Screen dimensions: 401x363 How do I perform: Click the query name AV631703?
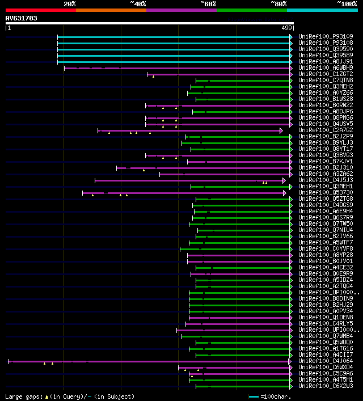click(x=22, y=18)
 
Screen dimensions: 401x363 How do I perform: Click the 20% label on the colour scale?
click(x=70, y=4)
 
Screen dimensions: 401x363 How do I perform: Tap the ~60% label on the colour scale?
click(x=208, y=4)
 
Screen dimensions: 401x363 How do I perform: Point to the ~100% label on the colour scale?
click(x=347, y=4)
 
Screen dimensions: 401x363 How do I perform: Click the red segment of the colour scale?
click(x=40, y=10)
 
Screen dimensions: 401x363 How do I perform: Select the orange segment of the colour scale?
click(x=111, y=10)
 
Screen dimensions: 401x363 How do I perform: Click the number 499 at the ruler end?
click(x=286, y=28)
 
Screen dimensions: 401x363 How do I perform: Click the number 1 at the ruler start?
click(x=9, y=28)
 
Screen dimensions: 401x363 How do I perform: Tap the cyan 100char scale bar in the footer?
click(x=254, y=396)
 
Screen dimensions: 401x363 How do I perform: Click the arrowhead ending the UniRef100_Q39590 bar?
click(x=291, y=49)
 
